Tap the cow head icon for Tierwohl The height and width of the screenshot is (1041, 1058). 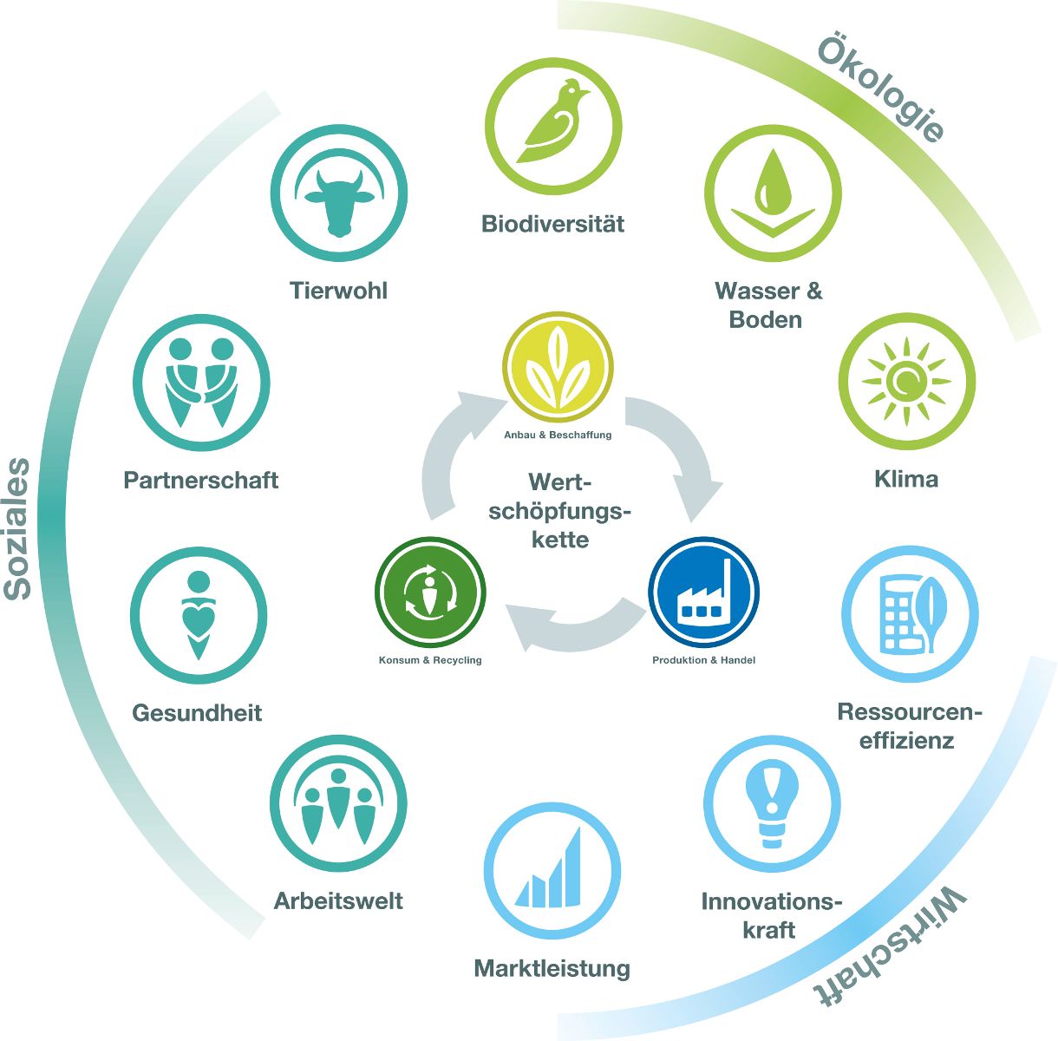(339, 200)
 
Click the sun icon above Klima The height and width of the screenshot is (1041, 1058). (906, 381)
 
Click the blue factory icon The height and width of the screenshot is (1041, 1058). (704, 593)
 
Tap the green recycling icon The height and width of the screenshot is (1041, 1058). (430, 593)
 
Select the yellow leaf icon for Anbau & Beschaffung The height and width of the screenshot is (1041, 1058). (558, 366)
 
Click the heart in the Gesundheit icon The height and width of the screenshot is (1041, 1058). (199, 618)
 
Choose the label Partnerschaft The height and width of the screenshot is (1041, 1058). (201, 480)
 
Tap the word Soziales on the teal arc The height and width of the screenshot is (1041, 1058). (17, 528)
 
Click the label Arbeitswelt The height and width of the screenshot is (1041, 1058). (338, 901)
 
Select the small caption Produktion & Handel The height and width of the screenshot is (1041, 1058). (703, 660)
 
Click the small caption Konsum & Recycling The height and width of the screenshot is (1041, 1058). (430, 660)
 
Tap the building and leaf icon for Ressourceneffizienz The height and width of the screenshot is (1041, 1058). (910, 614)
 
